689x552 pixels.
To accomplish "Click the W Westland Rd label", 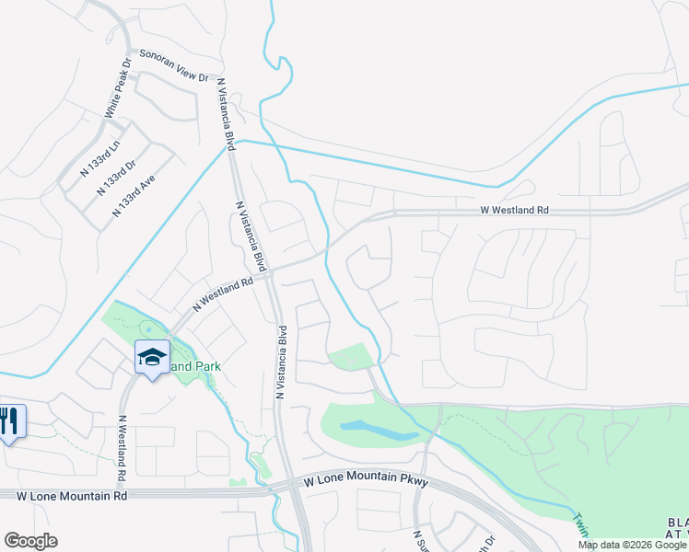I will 514,211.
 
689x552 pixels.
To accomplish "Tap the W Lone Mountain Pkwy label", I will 354,479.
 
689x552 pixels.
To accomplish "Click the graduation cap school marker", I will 152,357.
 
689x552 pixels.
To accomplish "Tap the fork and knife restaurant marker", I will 11,422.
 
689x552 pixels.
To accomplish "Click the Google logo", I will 30,541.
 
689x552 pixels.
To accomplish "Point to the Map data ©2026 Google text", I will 632,545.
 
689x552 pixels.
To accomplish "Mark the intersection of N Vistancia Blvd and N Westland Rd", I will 272,272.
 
